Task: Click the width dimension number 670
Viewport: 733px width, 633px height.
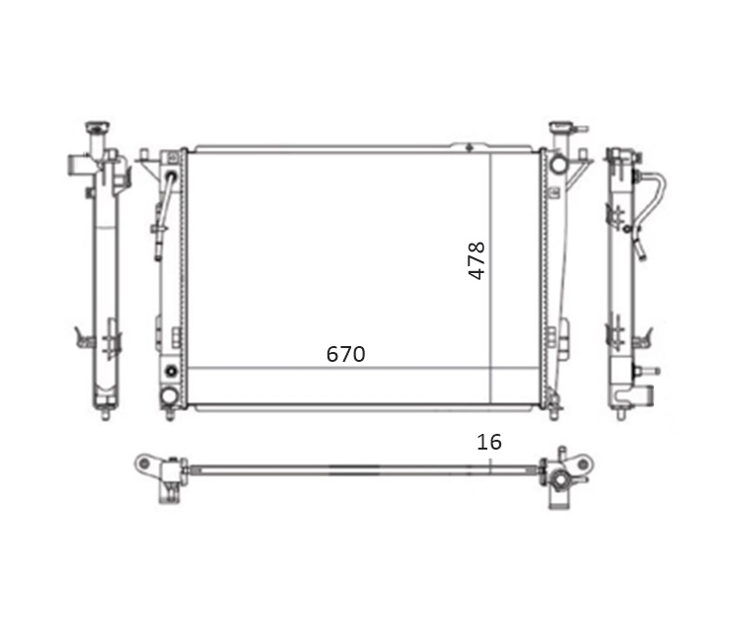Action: pos(345,354)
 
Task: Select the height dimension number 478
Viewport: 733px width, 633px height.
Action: pos(476,260)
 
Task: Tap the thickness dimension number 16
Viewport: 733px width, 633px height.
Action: pos(489,442)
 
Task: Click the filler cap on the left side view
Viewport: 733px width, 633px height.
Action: pos(98,126)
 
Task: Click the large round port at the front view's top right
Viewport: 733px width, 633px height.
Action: pos(558,165)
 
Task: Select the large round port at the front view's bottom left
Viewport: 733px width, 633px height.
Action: pos(169,396)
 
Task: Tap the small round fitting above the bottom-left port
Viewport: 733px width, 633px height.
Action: pos(172,371)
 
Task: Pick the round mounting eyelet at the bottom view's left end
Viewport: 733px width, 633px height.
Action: pos(145,463)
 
